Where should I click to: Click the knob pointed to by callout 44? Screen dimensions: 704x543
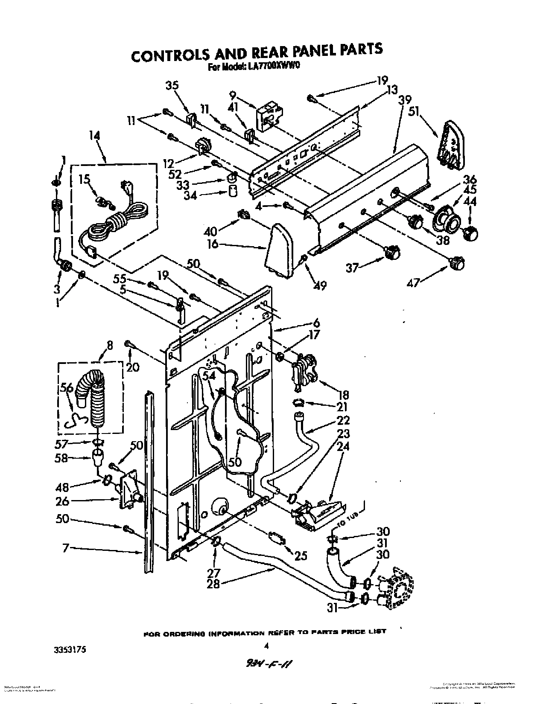470,233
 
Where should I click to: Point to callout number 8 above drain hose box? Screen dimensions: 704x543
110,347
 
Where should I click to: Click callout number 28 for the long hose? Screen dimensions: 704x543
213,584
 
